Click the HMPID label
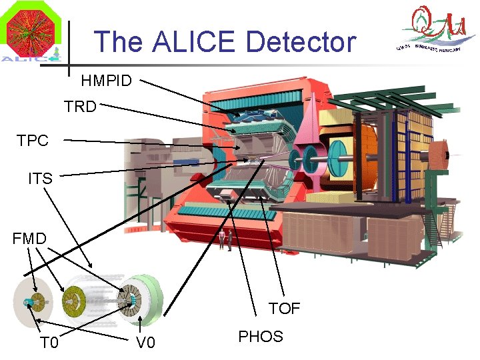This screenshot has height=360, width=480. (106, 81)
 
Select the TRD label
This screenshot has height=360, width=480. (80, 107)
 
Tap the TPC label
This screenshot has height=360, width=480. (33, 141)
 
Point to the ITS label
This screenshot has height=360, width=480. (40, 178)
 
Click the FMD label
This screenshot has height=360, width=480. (29, 238)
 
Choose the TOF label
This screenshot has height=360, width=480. (285, 308)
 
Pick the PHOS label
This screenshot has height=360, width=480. (261, 337)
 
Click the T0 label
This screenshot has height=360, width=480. (49, 343)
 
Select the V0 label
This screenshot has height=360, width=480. (145, 343)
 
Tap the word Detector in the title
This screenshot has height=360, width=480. (301, 41)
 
